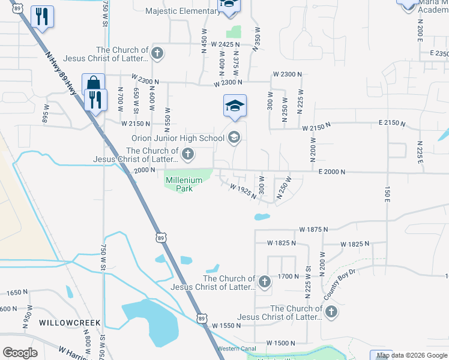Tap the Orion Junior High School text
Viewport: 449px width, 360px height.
(x=178, y=139)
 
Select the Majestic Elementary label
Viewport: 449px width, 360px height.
(x=182, y=11)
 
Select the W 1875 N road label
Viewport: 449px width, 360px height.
(x=314, y=229)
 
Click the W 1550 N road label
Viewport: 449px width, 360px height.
(x=226, y=325)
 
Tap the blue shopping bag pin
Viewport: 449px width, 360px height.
(x=93, y=84)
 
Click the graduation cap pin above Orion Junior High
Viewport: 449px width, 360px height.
(x=235, y=106)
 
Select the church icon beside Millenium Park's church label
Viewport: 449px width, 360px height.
(x=188, y=155)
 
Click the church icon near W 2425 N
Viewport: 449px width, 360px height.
(x=157, y=54)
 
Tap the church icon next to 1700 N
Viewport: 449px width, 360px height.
(x=264, y=281)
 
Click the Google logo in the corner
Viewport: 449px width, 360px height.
(x=20, y=353)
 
